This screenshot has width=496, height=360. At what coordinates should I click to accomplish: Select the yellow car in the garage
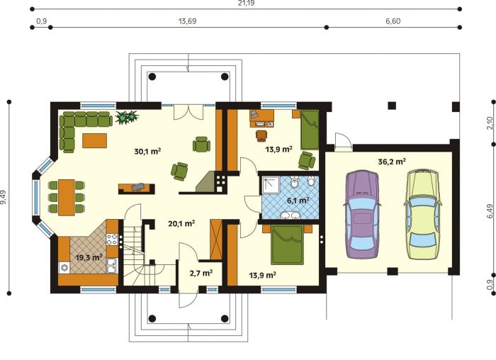[x=423, y=214]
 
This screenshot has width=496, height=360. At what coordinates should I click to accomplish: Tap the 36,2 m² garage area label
[x=392, y=162]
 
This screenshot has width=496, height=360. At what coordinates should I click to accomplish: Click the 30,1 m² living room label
[x=147, y=151]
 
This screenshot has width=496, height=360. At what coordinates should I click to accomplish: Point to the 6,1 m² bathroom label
[x=298, y=201]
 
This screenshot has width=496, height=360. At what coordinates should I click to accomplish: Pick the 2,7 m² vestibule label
[x=201, y=273]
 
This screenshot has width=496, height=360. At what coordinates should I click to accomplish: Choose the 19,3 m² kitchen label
[x=89, y=257]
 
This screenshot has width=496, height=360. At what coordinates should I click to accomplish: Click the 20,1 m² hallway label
[x=181, y=224]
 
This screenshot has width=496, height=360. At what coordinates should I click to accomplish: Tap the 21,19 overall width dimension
[x=246, y=3]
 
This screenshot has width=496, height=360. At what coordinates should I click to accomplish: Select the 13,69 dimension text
[x=187, y=21]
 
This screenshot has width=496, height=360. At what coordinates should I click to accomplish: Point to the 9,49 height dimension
[x=4, y=197]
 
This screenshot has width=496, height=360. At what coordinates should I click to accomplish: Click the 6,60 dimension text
[x=393, y=21]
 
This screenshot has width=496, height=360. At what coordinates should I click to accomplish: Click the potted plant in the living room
[x=127, y=117]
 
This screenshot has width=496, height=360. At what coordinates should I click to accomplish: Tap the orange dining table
[x=67, y=198]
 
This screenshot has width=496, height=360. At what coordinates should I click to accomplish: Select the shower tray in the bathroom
[x=271, y=186]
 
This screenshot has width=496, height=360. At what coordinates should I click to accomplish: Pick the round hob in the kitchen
[x=64, y=268]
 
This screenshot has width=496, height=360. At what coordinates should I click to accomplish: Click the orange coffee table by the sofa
[x=94, y=140]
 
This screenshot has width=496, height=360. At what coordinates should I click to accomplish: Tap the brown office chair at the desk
[x=261, y=135]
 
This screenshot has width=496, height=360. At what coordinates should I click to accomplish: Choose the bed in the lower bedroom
[x=287, y=244]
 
